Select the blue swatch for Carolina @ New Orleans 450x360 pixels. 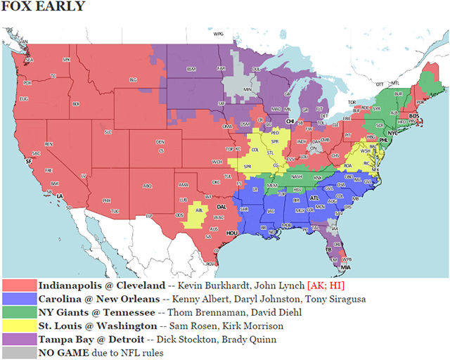coord(19,300)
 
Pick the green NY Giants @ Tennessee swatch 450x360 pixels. coord(19,313)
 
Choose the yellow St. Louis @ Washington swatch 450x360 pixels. coord(19,326)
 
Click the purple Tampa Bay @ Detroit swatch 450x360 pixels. coord(19,340)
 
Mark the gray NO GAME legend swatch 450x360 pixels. coord(19,353)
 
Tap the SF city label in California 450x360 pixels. coord(29,161)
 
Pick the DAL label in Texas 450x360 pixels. coord(221,207)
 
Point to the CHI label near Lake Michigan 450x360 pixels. coord(290,121)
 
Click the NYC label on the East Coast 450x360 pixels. coord(392,131)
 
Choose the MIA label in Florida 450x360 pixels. coord(345,268)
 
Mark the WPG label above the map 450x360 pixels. coord(219,34)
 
